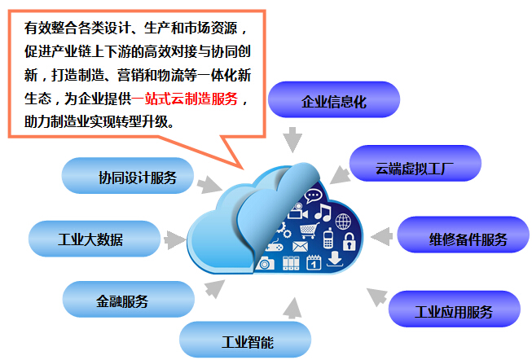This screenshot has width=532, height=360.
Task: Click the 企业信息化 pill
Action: [x=334, y=103]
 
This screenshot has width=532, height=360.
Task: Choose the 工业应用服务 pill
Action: [x=453, y=310]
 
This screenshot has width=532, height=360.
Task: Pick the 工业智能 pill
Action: [x=245, y=340]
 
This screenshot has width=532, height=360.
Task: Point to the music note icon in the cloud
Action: [x=323, y=214]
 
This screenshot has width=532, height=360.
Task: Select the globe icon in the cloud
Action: [x=343, y=221]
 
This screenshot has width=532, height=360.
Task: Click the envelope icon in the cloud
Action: [x=301, y=245]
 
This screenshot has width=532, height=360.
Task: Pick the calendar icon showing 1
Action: [x=312, y=262]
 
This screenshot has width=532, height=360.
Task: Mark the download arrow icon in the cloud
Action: [x=334, y=261]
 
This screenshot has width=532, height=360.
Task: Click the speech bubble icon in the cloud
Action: [x=314, y=196]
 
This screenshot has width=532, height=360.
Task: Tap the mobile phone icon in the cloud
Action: [x=328, y=239]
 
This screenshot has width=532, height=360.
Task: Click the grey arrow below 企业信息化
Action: [x=292, y=138]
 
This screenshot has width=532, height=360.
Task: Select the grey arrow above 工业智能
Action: [x=291, y=305]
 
